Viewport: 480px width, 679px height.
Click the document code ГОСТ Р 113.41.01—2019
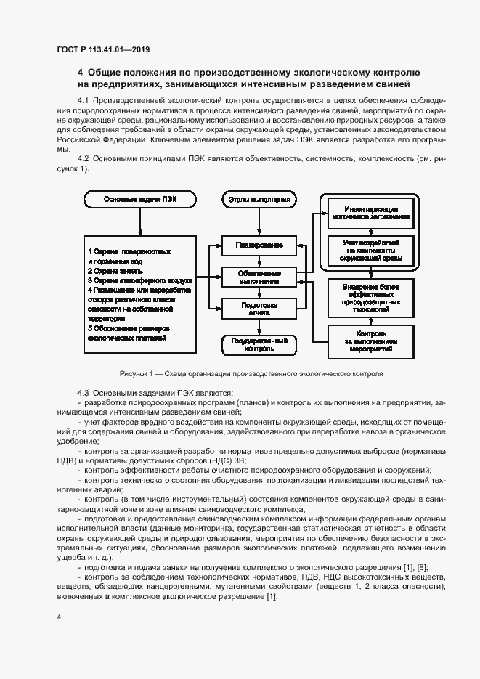(104, 50)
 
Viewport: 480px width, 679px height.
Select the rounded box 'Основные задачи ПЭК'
(139, 199)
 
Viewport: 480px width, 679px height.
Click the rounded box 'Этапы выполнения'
(259, 199)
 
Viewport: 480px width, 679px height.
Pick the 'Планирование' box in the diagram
(259, 246)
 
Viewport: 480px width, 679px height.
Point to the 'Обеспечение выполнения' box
(259, 277)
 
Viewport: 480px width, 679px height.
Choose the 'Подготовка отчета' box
(259, 309)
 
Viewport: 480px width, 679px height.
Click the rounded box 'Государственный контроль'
(259, 344)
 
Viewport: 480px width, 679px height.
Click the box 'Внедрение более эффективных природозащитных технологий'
(370, 296)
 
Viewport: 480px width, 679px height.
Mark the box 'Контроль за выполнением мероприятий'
(370, 340)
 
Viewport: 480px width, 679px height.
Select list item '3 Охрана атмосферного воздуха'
(139, 279)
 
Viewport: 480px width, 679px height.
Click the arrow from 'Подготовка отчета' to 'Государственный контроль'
(259, 326)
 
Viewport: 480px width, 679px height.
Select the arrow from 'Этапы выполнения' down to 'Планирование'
(259, 221)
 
